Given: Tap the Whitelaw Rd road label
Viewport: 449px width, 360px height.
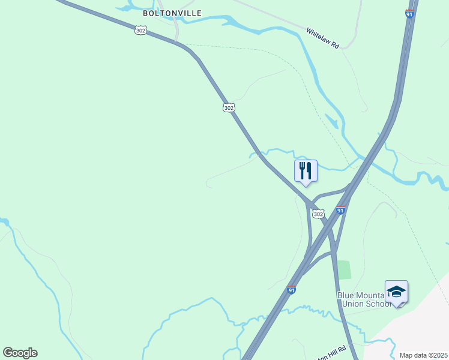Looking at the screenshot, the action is (x=323, y=39).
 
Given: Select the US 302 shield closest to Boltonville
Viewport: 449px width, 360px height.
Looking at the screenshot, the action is (x=140, y=30).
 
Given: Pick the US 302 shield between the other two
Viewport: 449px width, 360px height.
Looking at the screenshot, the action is (x=229, y=107).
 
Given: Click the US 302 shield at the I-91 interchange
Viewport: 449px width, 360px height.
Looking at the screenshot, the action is (x=318, y=214).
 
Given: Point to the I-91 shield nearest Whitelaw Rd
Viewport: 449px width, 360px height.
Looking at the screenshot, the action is (x=409, y=13).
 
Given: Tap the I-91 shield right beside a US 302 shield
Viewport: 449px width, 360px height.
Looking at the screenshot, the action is (x=340, y=210).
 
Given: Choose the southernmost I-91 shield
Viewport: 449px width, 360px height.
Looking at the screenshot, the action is (x=292, y=290).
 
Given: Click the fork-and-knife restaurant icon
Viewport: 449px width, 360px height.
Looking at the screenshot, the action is (x=306, y=171).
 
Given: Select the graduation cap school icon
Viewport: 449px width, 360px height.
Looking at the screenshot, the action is (x=396, y=292).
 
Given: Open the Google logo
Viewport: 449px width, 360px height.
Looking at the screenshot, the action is (x=20, y=353).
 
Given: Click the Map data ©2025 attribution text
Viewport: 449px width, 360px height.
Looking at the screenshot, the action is (x=423, y=355).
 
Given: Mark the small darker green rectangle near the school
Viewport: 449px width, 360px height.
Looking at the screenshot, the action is (x=343, y=269).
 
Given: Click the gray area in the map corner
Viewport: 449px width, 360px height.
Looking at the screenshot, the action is (x=420, y=324).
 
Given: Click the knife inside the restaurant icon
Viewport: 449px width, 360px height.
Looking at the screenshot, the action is (x=309, y=170).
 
